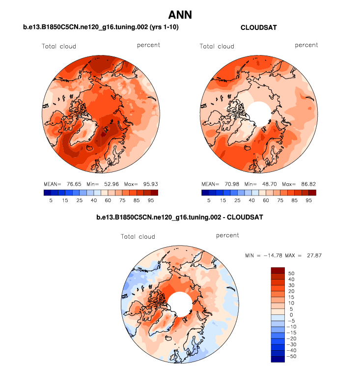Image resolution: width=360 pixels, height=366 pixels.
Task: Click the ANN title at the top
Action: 180,15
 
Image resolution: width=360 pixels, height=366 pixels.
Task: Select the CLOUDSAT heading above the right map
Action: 258,28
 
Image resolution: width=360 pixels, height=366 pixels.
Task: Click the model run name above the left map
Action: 101,28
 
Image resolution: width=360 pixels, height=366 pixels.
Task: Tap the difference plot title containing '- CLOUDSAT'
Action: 180,217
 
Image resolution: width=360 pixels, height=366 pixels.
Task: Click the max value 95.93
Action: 147,184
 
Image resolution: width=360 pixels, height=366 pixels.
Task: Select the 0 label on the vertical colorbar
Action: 292,315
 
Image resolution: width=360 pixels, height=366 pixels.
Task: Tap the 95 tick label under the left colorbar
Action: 151,200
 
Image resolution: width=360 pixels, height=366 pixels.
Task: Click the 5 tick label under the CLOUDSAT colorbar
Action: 209,200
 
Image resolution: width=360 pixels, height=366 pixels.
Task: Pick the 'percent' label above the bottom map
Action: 227,235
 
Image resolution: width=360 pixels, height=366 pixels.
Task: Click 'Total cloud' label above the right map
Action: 217,47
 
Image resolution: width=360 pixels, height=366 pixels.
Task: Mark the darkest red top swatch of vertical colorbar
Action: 278,270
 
